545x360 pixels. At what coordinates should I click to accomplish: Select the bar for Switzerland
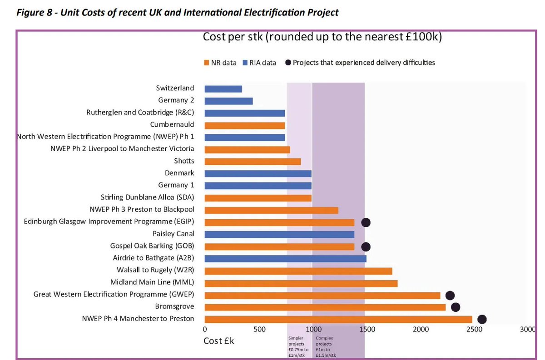pos(223,89)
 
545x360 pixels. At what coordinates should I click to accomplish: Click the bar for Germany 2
pos(228,101)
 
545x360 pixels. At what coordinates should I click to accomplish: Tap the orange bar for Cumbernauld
pos(244,125)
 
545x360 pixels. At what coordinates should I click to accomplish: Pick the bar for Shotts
pos(253,162)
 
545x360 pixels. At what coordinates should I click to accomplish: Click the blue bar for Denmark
pos(258,173)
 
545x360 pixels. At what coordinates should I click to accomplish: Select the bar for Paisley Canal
pos(279,234)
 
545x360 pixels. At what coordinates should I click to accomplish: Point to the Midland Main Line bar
pos(301,283)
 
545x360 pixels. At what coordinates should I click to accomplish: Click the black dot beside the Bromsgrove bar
pos(455,307)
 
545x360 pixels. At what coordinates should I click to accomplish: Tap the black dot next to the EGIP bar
pos(366,222)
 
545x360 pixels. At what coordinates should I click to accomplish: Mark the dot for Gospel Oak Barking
pos(366,247)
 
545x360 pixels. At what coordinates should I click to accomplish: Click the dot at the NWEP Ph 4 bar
pos(482,320)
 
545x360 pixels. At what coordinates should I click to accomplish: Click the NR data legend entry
pos(220,63)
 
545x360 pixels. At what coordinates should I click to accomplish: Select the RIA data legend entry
pos(259,63)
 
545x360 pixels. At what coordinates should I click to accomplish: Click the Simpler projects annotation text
pos(298,347)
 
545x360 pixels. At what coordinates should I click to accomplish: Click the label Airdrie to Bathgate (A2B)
pos(153,258)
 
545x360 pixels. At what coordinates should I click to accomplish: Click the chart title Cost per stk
pos(322,37)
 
